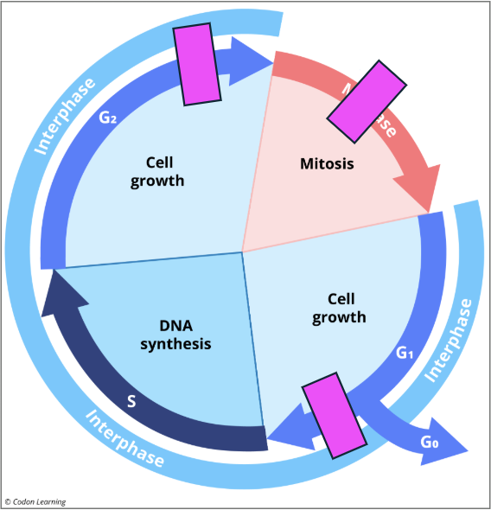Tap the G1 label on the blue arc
coord(405,353)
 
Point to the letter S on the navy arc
coord(131,401)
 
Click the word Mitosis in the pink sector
coord(327,163)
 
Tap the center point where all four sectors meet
coord(242,252)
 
